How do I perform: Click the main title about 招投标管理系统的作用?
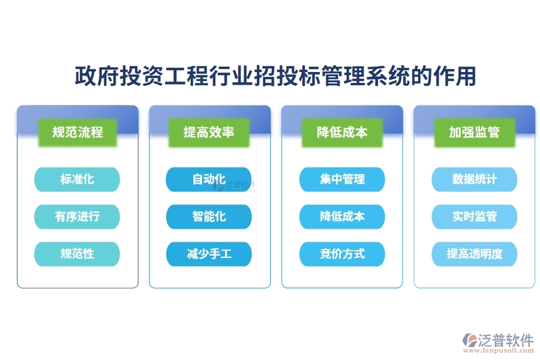[275, 77]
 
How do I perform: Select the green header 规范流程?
[77, 132]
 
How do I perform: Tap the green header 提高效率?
[209, 132]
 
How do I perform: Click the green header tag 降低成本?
[342, 132]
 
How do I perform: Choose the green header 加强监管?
[475, 132]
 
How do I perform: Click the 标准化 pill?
[77, 179]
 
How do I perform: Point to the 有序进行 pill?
[77, 217]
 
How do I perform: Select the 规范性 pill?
[77, 254]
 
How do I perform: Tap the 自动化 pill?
[209, 179]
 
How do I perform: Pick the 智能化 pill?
[209, 217]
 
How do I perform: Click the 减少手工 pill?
[209, 254]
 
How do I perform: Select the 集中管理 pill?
[342, 179]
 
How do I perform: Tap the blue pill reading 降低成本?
[342, 217]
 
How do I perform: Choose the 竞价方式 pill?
[342, 254]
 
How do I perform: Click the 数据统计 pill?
[475, 179]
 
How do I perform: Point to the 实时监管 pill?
[475, 217]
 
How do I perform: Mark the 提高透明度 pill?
[475, 254]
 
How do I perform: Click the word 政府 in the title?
[93, 77]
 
